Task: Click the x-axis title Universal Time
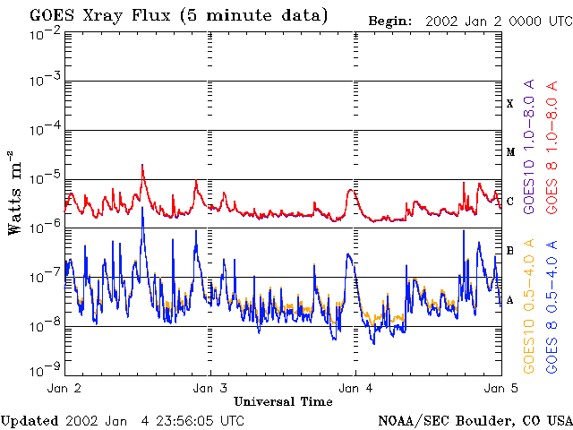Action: click(x=283, y=401)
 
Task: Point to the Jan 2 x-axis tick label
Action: click(x=64, y=389)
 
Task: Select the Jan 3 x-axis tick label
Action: click(x=210, y=389)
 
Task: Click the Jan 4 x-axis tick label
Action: click(x=355, y=389)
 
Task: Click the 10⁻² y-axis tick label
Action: click(x=43, y=33)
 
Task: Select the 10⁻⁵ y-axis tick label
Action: click(x=43, y=178)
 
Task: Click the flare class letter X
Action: click(x=510, y=104)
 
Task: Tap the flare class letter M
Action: click(x=510, y=152)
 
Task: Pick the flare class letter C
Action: click(x=510, y=202)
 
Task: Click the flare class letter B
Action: click(x=510, y=251)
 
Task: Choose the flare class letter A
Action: click(x=510, y=300)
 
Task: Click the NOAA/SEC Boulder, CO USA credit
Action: click(x=475, y=420)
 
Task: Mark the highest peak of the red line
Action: click(x=142, y=165)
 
